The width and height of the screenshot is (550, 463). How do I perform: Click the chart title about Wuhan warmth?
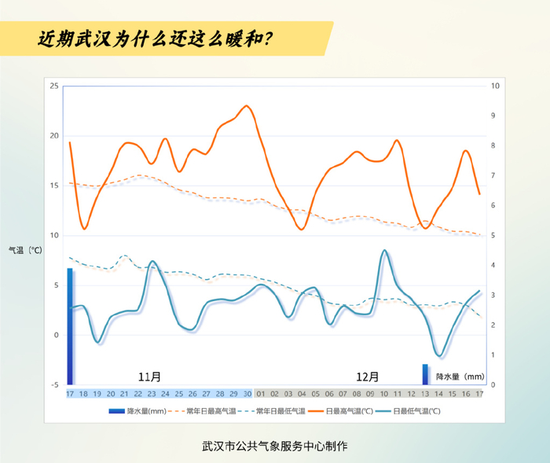click(x=155, y=39)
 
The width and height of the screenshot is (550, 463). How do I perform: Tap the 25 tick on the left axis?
click(x=54, y=86)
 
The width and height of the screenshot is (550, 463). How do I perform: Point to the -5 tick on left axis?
click(x=55, y=385)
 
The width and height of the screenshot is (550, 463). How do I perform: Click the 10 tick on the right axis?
click(x=495, y=86)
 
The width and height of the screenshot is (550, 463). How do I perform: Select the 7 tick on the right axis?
click(x=493, y=175)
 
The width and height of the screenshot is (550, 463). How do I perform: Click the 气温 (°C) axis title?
click(x=25, y=250)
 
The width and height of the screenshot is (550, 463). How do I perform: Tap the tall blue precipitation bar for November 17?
click(x=70, y=326)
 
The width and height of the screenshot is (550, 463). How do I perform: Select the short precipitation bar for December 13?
click(x=425, y=374)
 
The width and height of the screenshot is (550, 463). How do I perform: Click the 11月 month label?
click(x=149, y=377)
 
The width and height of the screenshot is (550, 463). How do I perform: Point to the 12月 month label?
click(x=367, y=377)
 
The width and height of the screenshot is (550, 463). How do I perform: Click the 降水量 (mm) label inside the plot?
click(x=460, y=377)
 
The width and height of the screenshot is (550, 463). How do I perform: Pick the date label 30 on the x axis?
click(x=247, y=394)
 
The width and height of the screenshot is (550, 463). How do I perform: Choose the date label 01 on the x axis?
click(x=261, y=394)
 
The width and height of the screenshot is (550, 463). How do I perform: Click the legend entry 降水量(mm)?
click(x=137, y=411)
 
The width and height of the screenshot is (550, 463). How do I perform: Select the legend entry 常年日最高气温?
click(x=202, y=411)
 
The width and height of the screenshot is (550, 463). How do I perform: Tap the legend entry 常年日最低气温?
click(x=272, y=411)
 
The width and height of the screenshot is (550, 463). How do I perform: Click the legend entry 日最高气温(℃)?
click(x=340, y=411)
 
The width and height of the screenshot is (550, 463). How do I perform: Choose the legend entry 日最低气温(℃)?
click(x=408, y=411)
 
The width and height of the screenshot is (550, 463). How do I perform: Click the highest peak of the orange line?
click(x=247, y=105)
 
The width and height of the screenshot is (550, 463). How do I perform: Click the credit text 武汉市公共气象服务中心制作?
click(x=275, y=446)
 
